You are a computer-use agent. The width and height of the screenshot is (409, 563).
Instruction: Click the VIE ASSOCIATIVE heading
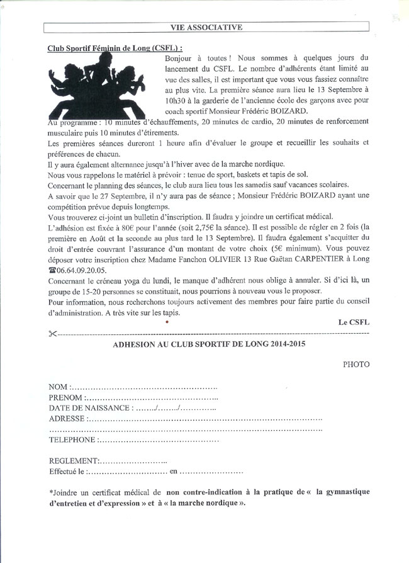point(206,27)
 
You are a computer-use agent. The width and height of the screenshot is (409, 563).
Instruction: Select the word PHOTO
point(356,364)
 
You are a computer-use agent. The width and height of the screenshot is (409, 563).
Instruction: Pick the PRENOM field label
point(65,397)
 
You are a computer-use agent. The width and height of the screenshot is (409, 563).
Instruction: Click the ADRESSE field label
point(67,419)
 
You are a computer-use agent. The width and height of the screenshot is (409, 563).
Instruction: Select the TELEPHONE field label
point(72,440)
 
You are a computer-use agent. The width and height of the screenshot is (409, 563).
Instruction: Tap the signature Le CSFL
point(354,322)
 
